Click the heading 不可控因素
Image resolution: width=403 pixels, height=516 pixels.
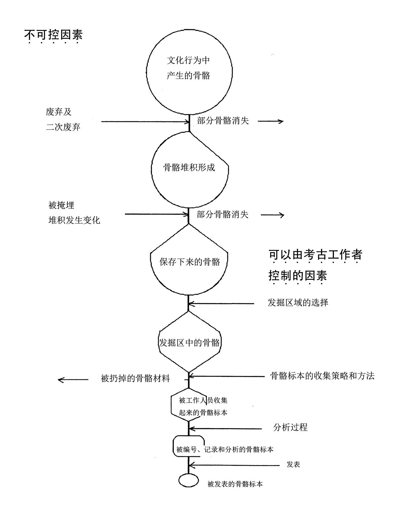pos(53,35)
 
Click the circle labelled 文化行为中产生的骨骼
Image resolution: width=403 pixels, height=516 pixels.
pos(189,68)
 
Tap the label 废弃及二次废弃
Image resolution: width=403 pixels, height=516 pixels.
pos(63,119)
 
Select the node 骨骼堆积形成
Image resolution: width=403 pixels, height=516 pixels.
pos(189,167)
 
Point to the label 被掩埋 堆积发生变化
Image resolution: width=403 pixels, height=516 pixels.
pos(74,213)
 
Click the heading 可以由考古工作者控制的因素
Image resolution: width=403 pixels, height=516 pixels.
pos(315,265)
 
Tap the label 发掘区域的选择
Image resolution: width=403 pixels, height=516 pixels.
pos(298,302)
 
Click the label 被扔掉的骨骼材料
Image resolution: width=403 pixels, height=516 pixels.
pos(135,378)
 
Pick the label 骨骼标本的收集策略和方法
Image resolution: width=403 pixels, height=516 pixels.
pos(322,376)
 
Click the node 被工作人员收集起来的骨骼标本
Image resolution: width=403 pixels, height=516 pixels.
pos(203,406)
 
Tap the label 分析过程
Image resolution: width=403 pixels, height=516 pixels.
pos(290,427)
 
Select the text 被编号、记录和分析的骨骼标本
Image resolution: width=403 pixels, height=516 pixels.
pos(224,449)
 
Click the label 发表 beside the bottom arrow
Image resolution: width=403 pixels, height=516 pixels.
pos(293,464)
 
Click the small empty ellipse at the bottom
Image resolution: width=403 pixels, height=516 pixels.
pos(188,480)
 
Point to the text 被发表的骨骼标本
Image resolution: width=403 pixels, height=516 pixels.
pos(235,484)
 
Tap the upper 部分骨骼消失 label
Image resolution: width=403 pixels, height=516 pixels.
pos(223,121)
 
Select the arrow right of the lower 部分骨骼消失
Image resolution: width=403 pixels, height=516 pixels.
pos(272,215)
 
